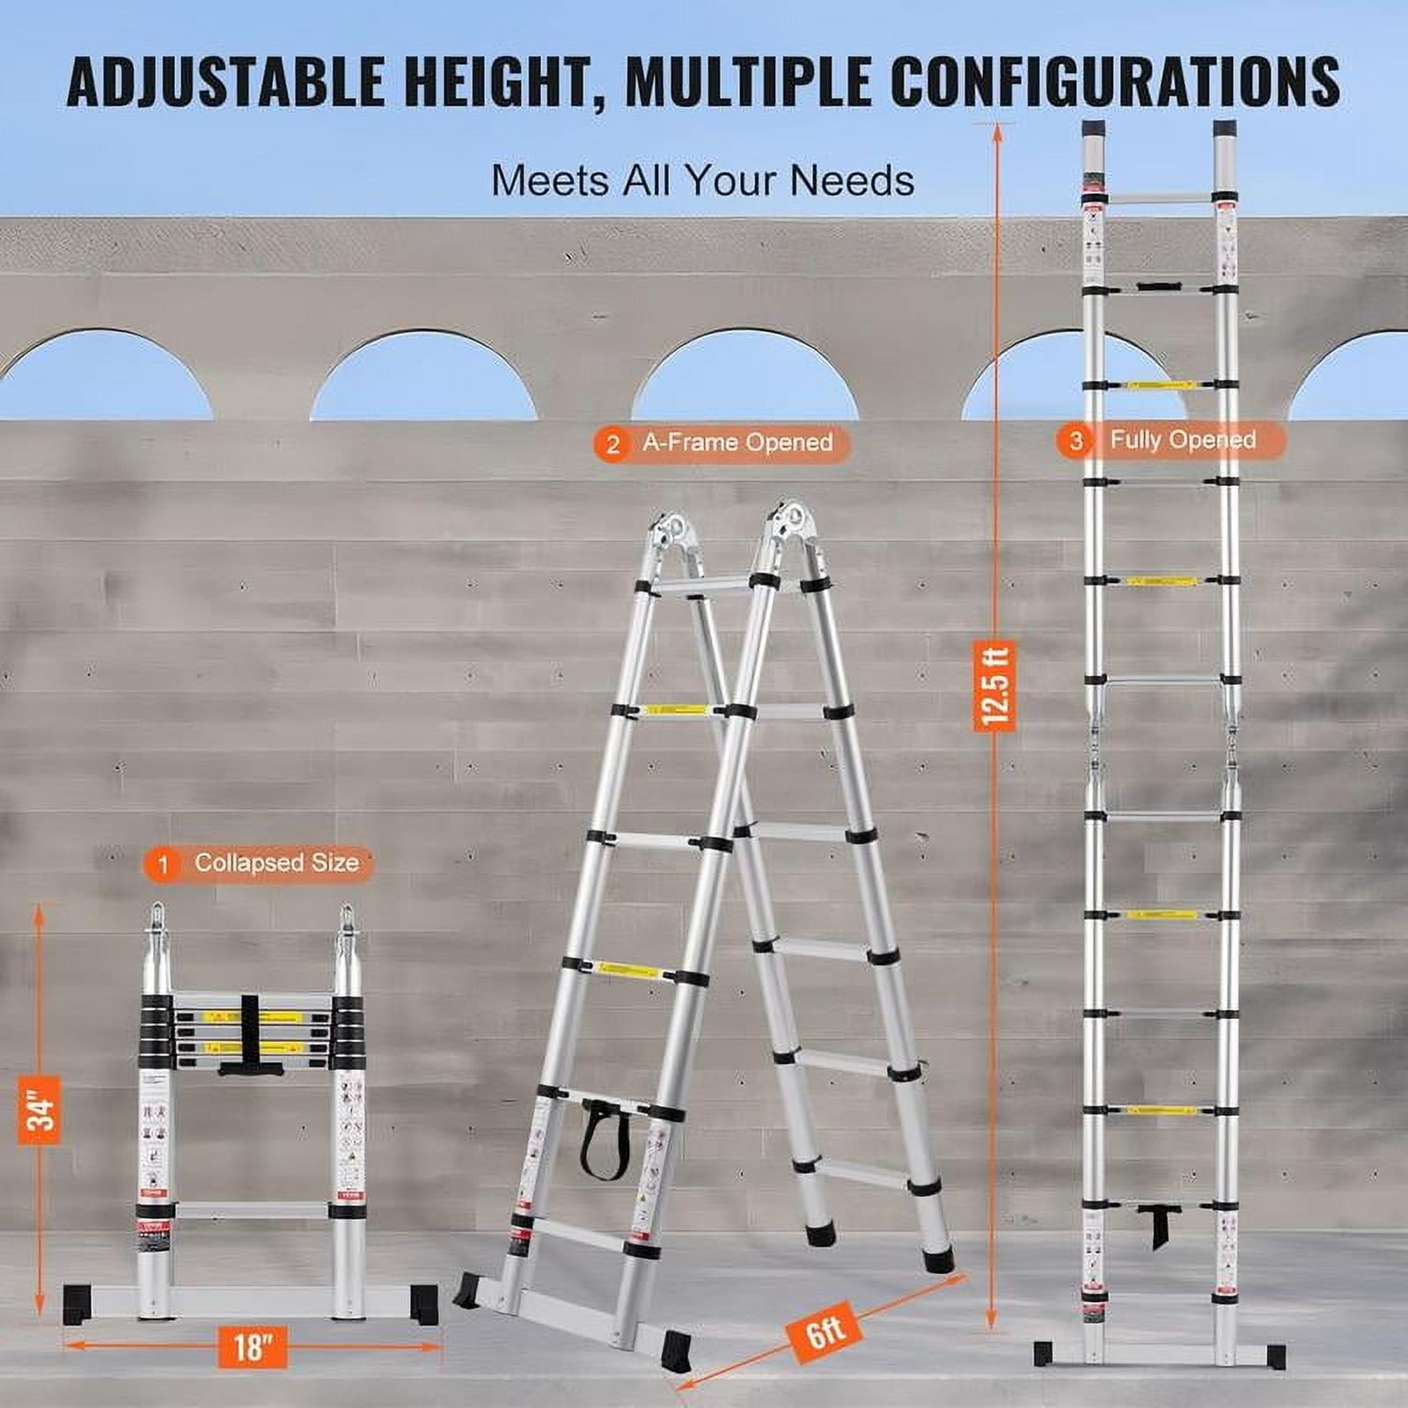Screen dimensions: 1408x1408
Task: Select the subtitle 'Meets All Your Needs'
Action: pyautogui.click(x=702, y=180)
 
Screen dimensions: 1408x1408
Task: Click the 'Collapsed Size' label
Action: pyautogui.click(x=276, y=862)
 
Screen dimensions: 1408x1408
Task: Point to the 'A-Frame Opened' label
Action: pyautogui.click(x=737, y=443)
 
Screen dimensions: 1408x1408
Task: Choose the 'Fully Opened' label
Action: pyautogui.click(x=1183, y=440)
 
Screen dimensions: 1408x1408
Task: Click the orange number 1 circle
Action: pyautogui.click(x=163, y=864)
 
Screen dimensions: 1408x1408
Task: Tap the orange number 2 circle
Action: pyautogui.click(x=612, y=444)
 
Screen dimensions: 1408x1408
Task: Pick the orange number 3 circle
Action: pyautogui.click(x=1075, y=441)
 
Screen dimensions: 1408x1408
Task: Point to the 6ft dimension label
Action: pyautogui.click(x=825, y=1337)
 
